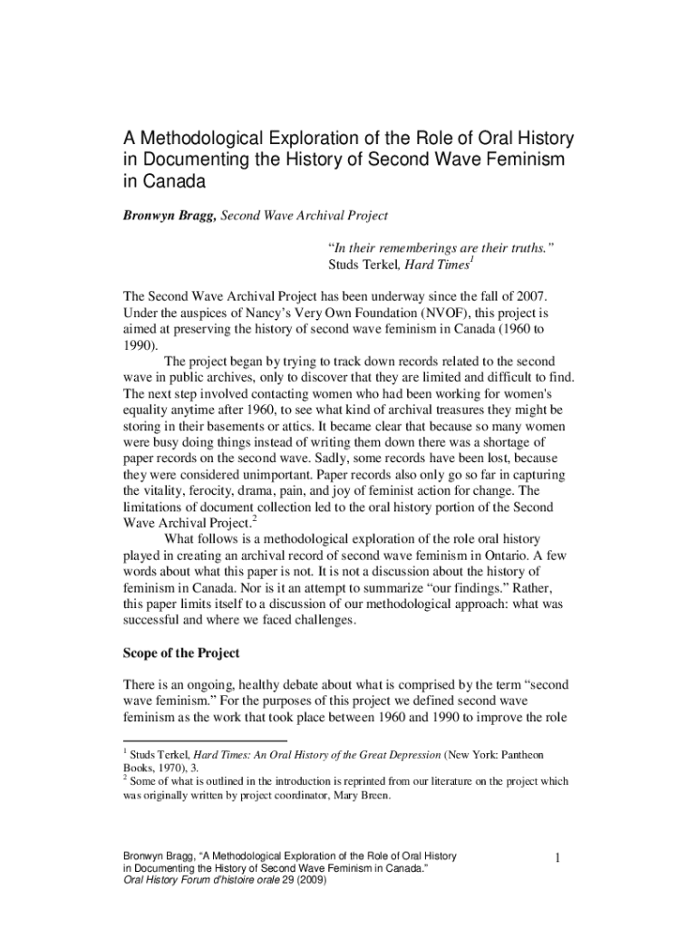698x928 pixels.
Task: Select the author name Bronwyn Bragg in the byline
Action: (170, 216)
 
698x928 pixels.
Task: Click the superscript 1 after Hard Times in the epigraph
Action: (472, 260)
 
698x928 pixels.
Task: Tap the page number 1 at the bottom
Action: (560, 856)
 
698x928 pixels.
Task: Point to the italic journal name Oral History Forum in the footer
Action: (169, 879)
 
